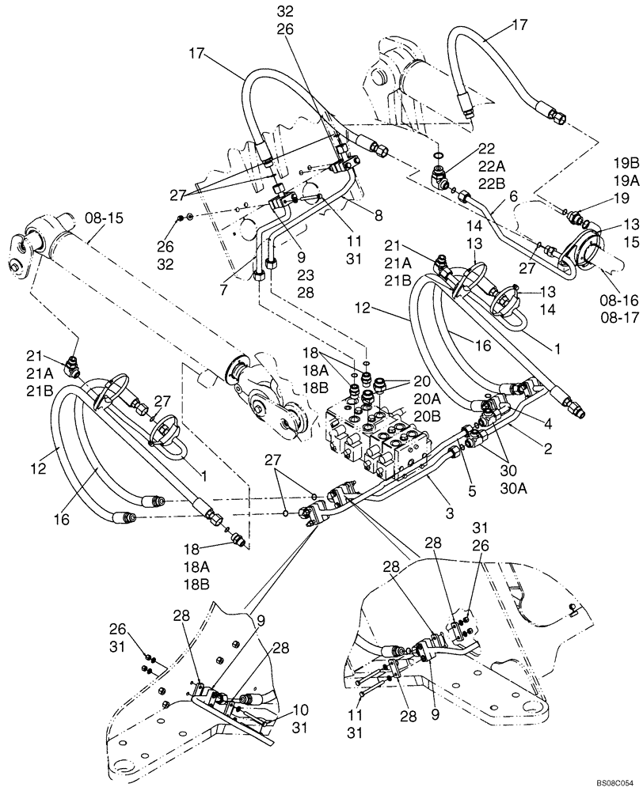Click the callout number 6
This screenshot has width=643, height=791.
[512, 194]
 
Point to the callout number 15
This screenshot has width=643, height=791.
[629, 241]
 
